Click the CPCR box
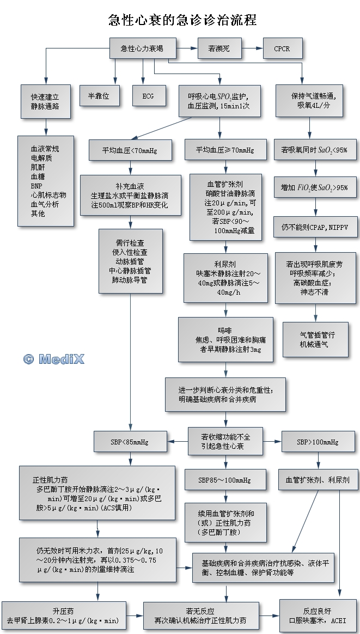coord(282,48)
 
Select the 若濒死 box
coord(218,48)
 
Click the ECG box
coord(148,96)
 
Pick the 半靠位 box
coord(99,96)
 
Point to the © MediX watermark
coord(54,359)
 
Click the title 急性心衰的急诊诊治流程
coord(182,20)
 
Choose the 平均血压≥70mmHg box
coord(219,150)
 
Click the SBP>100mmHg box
coord(318,442)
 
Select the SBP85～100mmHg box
coord(224,480)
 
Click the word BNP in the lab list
coord(36,185)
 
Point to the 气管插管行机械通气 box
coord(315,339)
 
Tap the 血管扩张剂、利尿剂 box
coord(318,480)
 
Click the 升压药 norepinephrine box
coord(64,616)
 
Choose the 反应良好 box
coord(318,616)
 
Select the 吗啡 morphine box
coord(225,340)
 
